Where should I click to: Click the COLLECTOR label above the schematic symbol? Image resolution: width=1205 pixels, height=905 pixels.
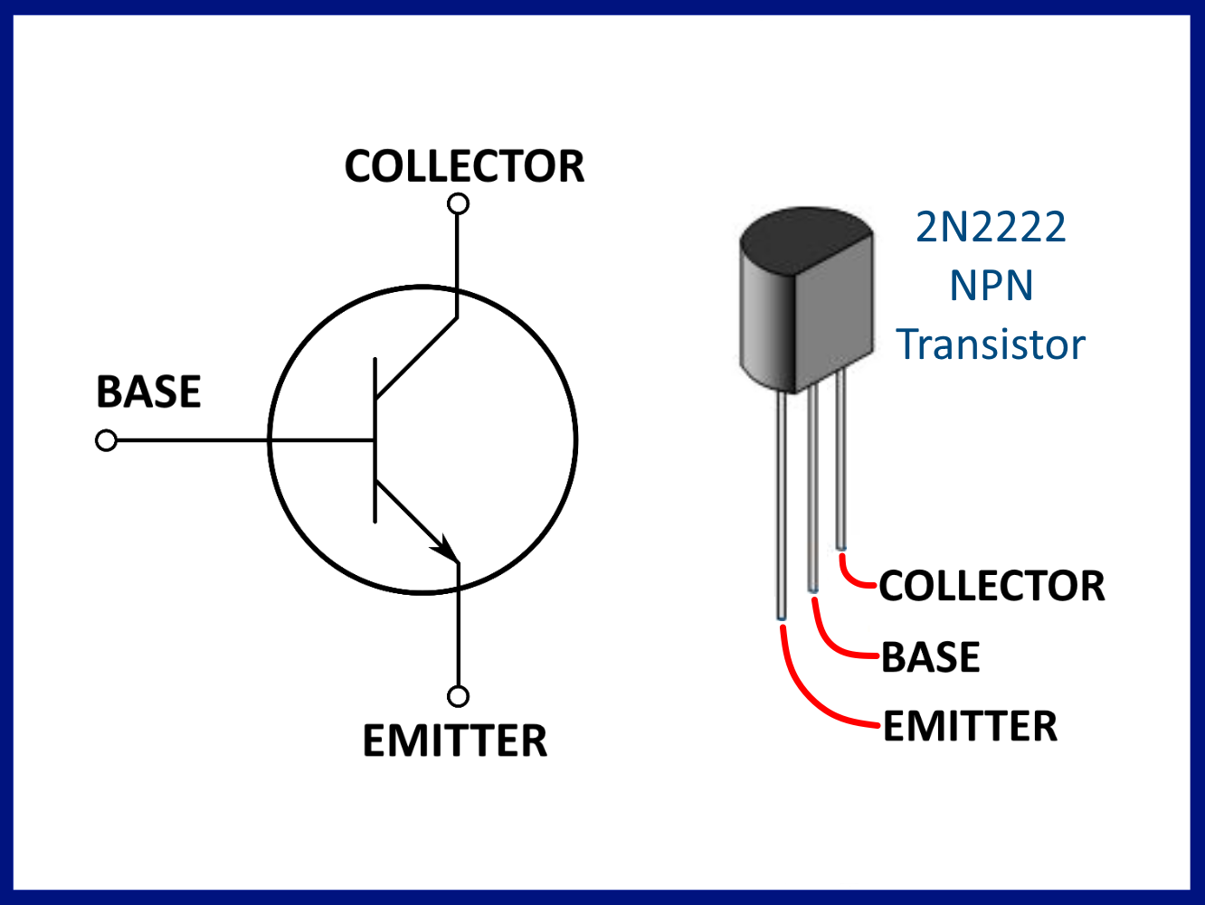[464, 166]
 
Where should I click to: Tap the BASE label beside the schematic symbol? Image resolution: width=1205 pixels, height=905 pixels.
[148, 391]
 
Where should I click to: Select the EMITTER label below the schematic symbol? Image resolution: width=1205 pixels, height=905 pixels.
[455, 740]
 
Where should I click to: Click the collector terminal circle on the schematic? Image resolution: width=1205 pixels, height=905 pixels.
[459, 203]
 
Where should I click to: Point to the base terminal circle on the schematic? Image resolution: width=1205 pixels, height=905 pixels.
[107, 440]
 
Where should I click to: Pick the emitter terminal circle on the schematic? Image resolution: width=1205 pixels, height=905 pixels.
[459, 696]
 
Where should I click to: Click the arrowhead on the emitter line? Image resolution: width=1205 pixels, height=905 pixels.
[444, 547]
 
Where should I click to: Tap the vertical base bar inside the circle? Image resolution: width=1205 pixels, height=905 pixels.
[375, 440]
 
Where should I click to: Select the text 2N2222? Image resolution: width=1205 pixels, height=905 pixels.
[991, 227]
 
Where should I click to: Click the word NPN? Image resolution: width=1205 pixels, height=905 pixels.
[991, 286]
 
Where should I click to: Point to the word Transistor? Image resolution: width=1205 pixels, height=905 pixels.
[991, 344]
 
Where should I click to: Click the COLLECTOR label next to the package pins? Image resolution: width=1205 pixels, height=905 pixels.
[992, 586]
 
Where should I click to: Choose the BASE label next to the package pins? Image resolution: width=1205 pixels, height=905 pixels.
[930, 656]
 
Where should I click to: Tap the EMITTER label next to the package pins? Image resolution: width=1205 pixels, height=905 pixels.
[970, 726]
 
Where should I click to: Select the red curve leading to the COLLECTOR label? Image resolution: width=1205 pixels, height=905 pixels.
[850, 576]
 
